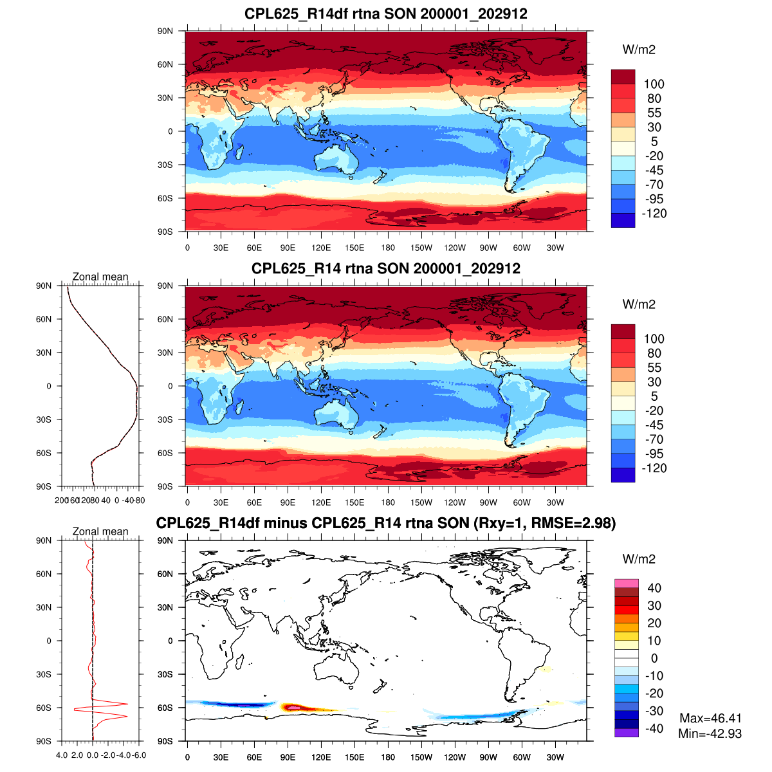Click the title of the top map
coord(385,14)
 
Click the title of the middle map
coord(385,268)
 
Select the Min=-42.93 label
coord(710,733)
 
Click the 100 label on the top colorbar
coord(654,84)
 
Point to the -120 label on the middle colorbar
coord(654,468)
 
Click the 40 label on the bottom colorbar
coord(654,588)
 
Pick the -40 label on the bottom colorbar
coord(654,728)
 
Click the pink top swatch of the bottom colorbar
coord(626,583)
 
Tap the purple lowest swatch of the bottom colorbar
coord(626,732)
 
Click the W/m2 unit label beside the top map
coord(639,50)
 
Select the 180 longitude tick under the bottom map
coord(388,757)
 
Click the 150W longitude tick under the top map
coord(421,248)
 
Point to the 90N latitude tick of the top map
coord(165,31)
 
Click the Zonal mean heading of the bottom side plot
coord(100,531)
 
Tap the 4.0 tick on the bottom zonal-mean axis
coord(62,755)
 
